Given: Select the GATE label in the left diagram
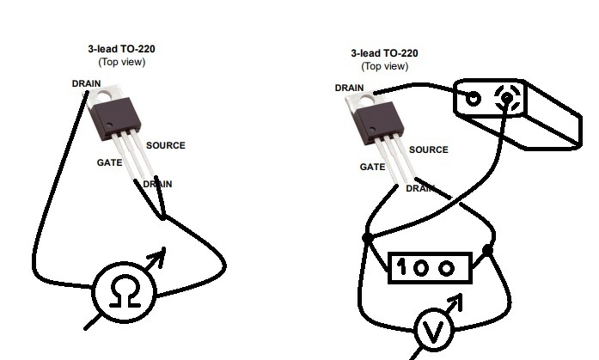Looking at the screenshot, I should click(x=108, y=162).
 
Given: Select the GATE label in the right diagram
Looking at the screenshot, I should click(x=372, y=168).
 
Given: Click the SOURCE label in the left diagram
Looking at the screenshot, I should click(x=165, y=145).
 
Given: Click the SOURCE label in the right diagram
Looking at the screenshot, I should click(x=428, y=149).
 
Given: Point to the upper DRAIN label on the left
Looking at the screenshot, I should click(x=87, y=83).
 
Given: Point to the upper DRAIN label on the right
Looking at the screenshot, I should click(x=348, y=88).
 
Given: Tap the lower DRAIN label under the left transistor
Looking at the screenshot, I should click(x=157, y=184).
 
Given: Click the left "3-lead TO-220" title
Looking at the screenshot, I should click(x=121, y=50).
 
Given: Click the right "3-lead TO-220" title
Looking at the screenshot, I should click(x=384, y=53).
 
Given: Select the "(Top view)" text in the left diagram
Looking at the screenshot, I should click(x=121, y=62).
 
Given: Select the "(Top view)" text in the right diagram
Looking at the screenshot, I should click(x=384, y=66).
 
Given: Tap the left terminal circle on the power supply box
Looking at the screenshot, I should click(x=473, y=98).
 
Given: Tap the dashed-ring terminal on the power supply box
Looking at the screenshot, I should click(x=507, y=98).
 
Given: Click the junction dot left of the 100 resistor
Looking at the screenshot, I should click(x=368, y=237).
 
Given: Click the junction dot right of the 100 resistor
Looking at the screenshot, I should click(x=487, y=250).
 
